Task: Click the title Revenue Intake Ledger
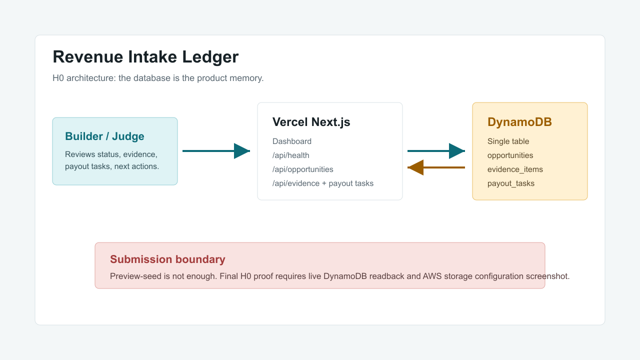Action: (x=145, y=57)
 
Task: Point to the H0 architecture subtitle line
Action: (x=158, y=78)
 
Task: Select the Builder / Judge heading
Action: (x=104, y=136)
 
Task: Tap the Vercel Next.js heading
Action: (x=311, y=122)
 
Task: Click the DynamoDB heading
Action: (x=519, y=122)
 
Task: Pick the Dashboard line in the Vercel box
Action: (x=291, y=141)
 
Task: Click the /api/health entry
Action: (x=290, y=155)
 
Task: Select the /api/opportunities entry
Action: (x=302, y=169)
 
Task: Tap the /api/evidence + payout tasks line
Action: (x=323, y=183)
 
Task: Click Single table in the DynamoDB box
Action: (x=508, y=141)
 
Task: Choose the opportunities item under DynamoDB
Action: (x=510, y=155)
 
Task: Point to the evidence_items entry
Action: (x=515, y=169)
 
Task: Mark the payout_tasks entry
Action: (x=510, y=183)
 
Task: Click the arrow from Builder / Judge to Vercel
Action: (x=216, y=151)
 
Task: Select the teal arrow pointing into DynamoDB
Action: (x=436, y=151)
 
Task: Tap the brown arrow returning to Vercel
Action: (x=436, y=167)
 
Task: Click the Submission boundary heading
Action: (x=167, y=259)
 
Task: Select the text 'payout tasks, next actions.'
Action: (x=112, y=166)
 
